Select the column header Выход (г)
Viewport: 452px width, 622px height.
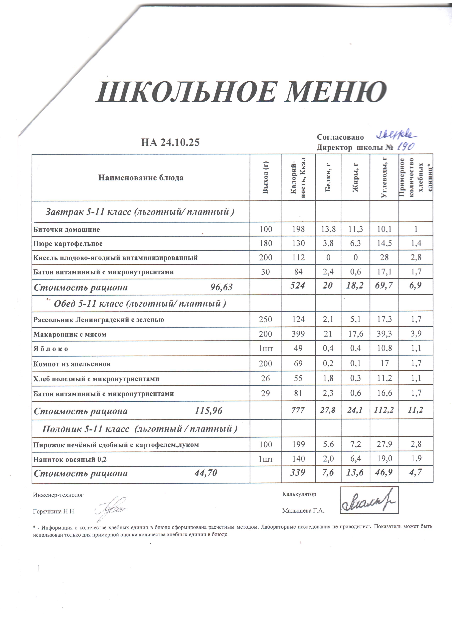point(265,177)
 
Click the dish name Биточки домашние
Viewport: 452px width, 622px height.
point(67,230)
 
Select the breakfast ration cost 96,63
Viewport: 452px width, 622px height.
point(221,287)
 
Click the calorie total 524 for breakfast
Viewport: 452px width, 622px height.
point(298,286)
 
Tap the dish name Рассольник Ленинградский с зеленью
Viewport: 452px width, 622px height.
point(99,320)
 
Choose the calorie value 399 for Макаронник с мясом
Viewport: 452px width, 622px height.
point(298,334)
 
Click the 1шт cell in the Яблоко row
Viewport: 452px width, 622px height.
point(266,349)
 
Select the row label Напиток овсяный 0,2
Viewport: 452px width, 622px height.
point(70,459)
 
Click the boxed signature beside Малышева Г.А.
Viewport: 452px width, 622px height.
point(369,500)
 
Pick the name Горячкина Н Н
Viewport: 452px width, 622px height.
point(54,512)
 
